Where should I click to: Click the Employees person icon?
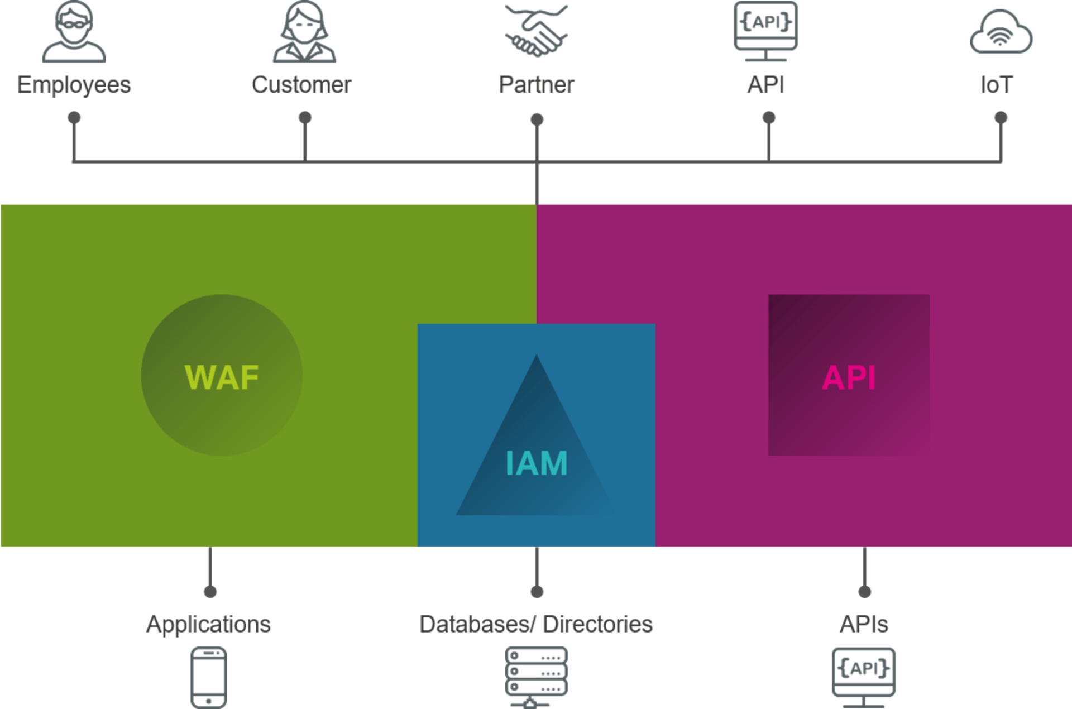74,32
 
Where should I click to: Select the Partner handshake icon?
536,31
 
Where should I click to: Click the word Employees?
74,85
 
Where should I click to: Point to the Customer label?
301,85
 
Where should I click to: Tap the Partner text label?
536,85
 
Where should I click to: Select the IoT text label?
997,85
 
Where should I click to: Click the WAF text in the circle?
222,377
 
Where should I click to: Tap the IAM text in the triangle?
537,463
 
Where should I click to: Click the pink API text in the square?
849,377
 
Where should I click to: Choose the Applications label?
208,624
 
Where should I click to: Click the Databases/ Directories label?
536,624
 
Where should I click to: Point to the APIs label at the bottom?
864,624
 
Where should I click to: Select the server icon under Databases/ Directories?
537,676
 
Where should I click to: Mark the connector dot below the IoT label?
1001,118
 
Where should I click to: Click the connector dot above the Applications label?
210,591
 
